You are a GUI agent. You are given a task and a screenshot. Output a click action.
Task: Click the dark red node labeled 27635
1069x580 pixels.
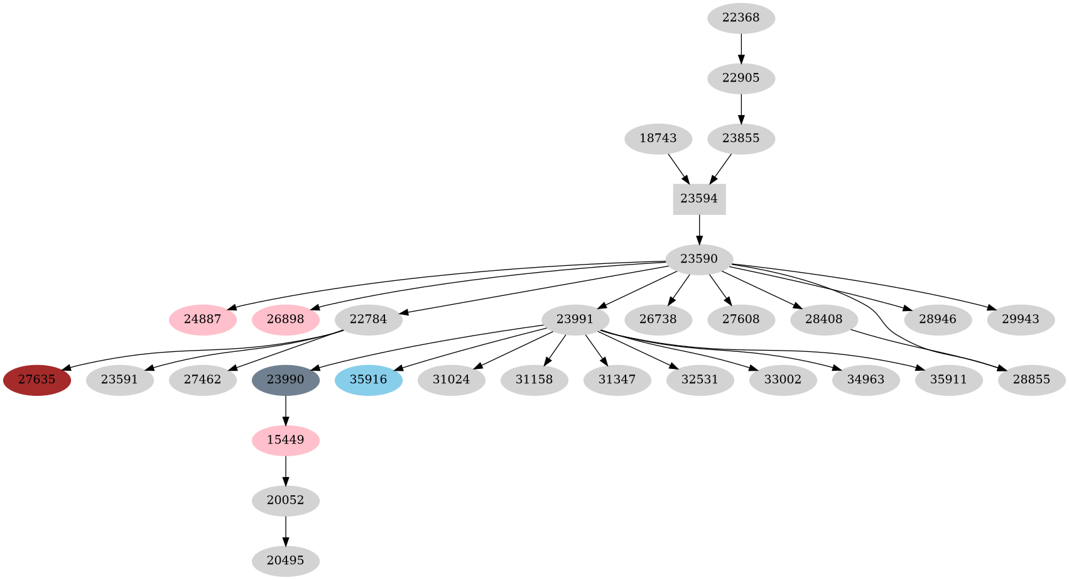click(36, 380)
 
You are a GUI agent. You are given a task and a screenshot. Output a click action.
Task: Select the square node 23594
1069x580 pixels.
click(699, 199)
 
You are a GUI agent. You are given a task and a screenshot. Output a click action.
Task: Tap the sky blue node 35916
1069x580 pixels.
click(368, 380)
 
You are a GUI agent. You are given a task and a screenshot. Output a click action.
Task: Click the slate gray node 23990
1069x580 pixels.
click(285, 380)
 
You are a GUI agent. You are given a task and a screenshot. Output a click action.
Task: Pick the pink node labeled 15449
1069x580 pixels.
click(285, 440)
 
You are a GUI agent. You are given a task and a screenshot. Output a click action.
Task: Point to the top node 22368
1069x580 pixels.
click(741, 18)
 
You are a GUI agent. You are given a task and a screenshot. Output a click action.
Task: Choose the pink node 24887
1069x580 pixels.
click(202, 320)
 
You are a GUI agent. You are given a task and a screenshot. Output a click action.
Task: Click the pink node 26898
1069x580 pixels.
click(285, 320)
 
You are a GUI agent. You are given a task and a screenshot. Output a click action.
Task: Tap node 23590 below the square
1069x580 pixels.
click(699, 260)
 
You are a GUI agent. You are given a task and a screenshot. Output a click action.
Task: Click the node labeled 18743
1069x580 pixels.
click(658, 139)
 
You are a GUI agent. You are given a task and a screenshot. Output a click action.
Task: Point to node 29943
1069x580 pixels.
click(1020, 320)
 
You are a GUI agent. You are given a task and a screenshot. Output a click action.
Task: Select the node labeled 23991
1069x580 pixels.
click(575, 320)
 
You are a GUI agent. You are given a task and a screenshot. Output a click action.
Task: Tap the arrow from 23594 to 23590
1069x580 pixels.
click(699, 229)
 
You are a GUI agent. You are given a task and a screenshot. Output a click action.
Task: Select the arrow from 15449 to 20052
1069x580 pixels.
click(285, 471)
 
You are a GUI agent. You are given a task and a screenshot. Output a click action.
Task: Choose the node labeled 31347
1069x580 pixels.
click(616, 380)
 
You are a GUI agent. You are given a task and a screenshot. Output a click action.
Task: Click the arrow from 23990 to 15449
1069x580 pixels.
click(285, 410)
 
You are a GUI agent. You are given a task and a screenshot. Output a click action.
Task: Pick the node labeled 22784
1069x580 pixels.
click(368, 320)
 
